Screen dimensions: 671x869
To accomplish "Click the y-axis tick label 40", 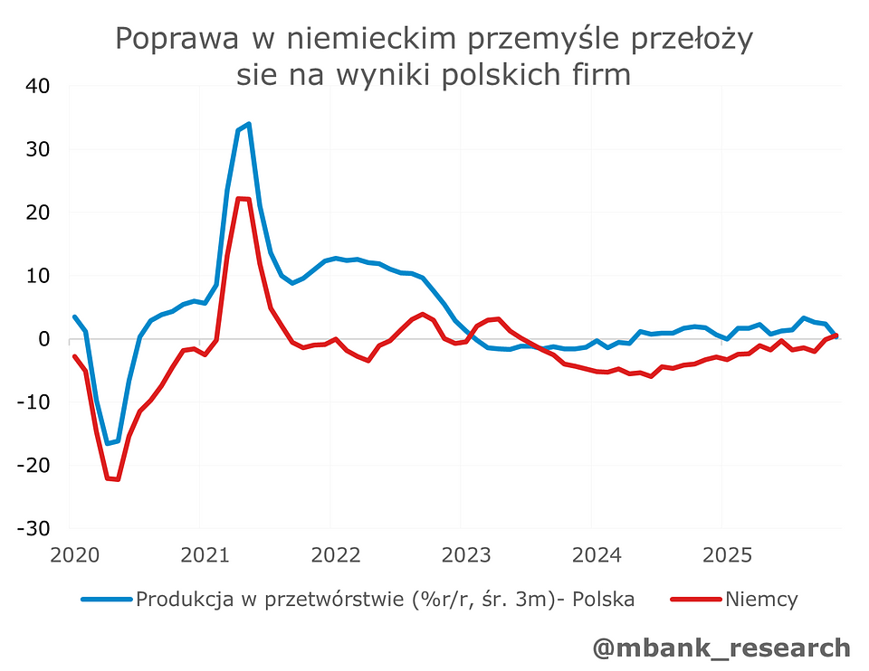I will coord(38,86).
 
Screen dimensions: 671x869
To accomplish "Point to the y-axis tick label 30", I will coord(38,149).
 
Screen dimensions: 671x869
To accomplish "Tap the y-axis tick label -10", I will coord(33,402).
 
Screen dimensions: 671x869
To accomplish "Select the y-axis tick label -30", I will coord(33,528).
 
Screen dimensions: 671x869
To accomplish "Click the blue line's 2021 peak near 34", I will coord(248,125).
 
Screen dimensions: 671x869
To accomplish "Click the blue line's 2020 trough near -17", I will coord(107,443).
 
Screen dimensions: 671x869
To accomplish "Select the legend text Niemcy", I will coord(760,599).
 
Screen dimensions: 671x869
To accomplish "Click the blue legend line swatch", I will coord(107,599).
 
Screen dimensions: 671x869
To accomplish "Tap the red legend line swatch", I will coord(695,599).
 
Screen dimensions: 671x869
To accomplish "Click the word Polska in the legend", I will coord(603,599).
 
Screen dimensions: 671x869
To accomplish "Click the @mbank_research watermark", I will coord(721,647).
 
